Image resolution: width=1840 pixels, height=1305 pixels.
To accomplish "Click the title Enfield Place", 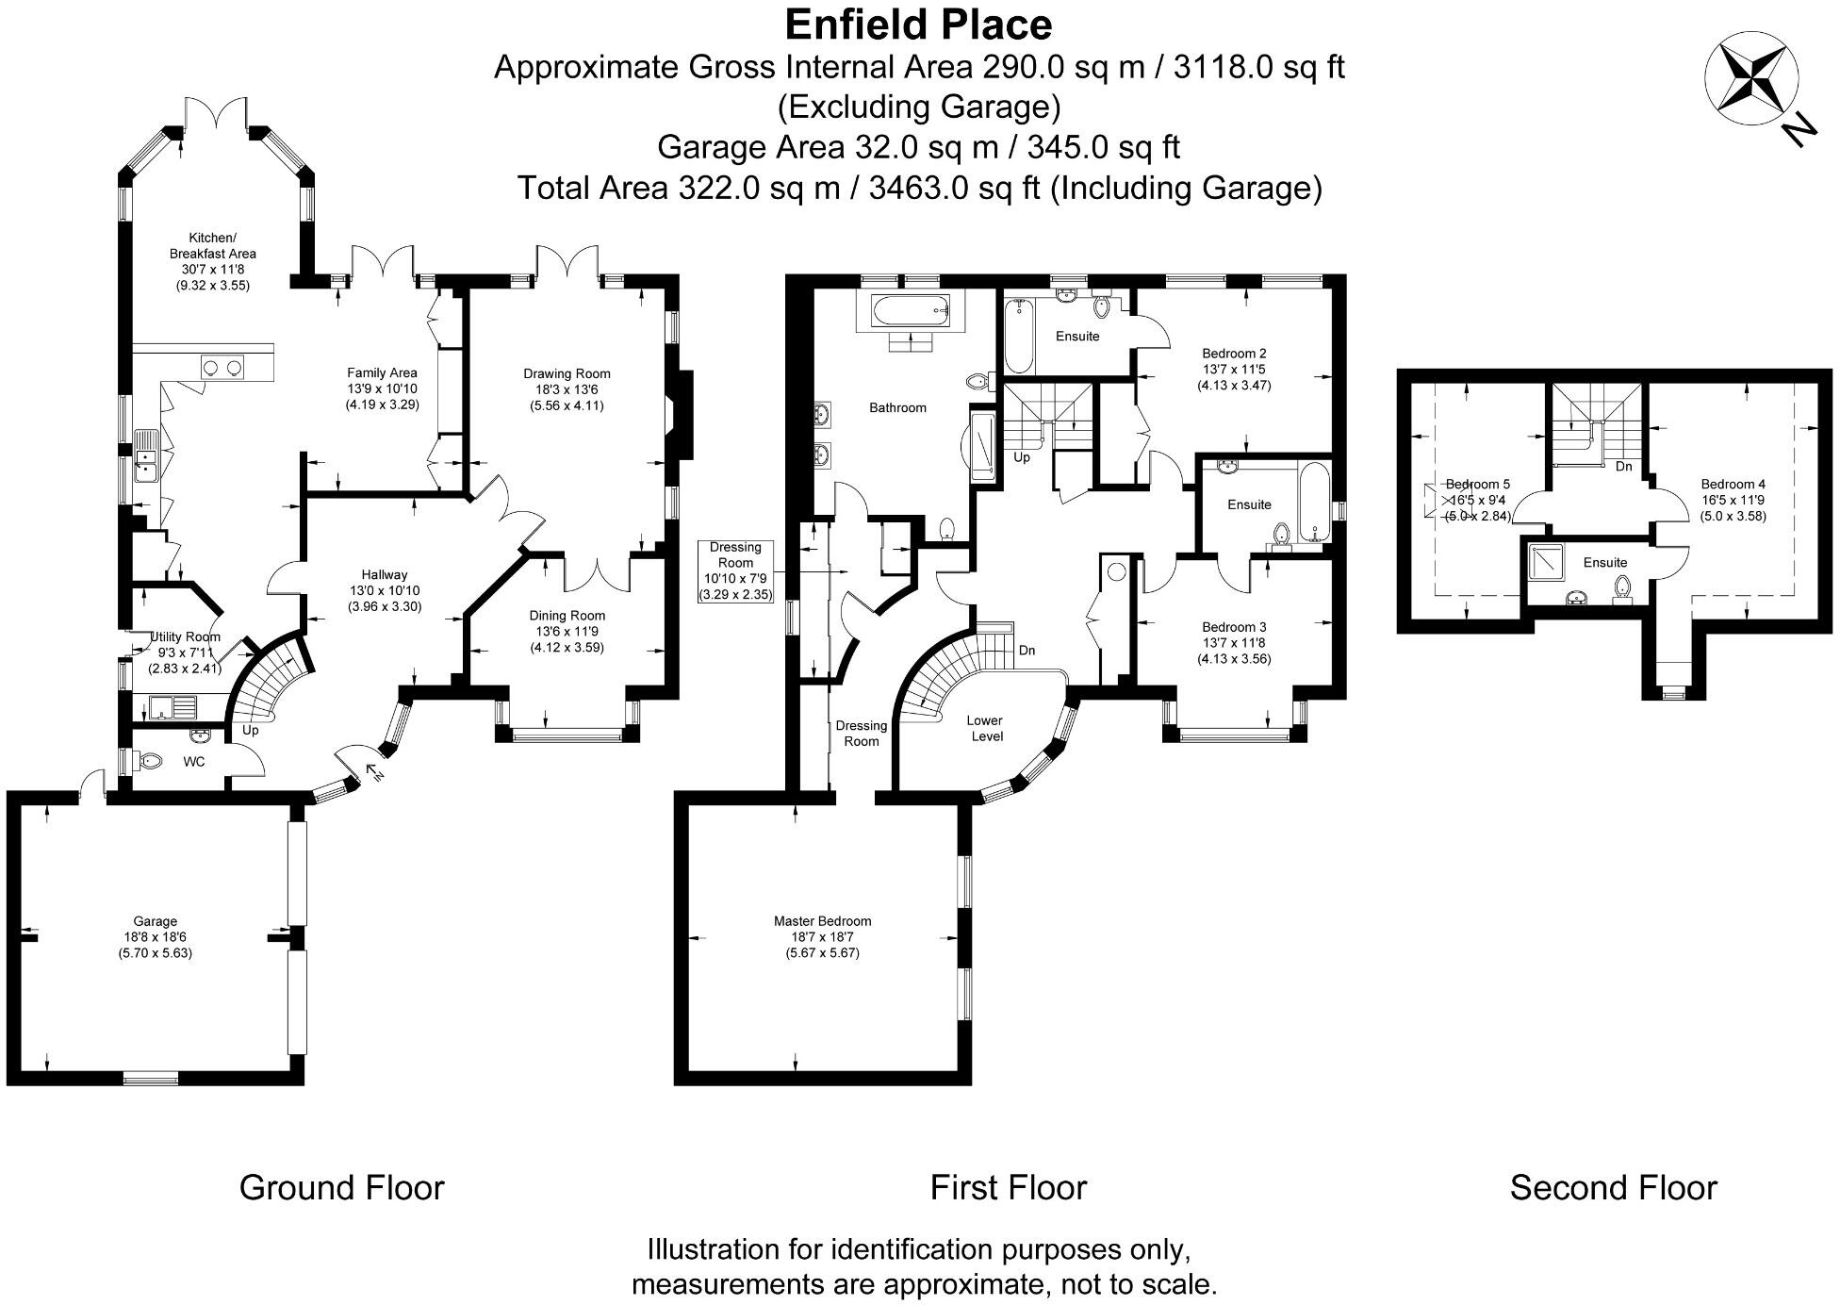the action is [x=918, y=25].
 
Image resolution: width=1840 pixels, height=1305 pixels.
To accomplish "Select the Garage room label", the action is [x=155, y=921].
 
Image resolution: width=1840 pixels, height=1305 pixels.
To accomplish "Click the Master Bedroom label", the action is [x=822, y=921].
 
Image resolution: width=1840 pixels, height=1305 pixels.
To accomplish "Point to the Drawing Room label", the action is [x=567, y=374].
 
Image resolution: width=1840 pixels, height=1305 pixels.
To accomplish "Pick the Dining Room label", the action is [x=567, y=616].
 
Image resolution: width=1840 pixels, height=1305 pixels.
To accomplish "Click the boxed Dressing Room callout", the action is [x=735, y=570].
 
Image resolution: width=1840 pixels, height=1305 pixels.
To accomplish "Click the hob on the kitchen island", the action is [x=222, y=367].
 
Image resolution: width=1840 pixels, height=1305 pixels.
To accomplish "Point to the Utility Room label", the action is [x=186, y=636].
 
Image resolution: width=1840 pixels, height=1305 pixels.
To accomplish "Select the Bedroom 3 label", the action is [x=1234, y=627].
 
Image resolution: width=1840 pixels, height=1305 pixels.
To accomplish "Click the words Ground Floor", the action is [x=341, y=1188].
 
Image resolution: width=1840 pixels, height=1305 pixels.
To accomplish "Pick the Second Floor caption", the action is [x=1613, y=1188].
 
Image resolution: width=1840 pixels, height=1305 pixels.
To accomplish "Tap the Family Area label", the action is [x=382, y=372].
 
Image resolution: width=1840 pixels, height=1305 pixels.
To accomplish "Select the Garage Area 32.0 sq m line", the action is [x=918, y=148].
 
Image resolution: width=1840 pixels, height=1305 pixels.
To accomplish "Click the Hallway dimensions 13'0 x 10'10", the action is [x=384, y=591].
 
